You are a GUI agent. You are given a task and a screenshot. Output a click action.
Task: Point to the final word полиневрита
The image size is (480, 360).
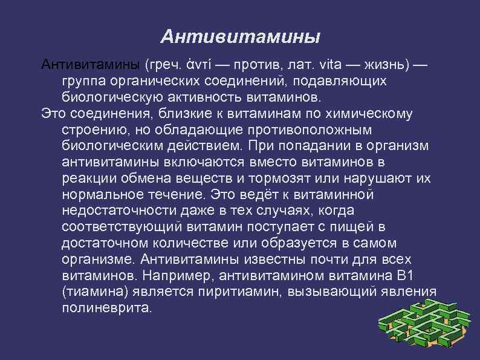click(x=106, y=308)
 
